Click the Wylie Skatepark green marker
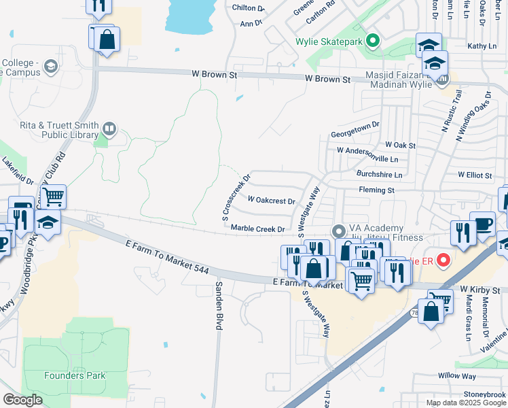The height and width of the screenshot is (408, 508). (372, 41)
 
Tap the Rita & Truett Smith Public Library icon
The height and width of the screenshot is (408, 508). (109, 128)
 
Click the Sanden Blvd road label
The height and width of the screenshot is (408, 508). (219, 306)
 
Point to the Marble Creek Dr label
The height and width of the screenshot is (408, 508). (257, 229)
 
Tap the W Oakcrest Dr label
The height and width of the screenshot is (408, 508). (271, 201)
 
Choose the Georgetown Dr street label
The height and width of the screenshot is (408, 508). (355, 135)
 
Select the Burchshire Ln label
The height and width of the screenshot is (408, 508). (379, 175)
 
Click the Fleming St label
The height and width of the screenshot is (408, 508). (376, 190)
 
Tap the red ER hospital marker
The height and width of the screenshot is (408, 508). (443, 260)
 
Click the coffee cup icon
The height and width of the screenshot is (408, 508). (483, 224)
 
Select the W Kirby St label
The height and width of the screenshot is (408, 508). (479, 290)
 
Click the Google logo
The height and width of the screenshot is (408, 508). (23, 400)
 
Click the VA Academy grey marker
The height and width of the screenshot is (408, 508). (338, 231)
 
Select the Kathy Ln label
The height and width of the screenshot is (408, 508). (482, 46)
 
